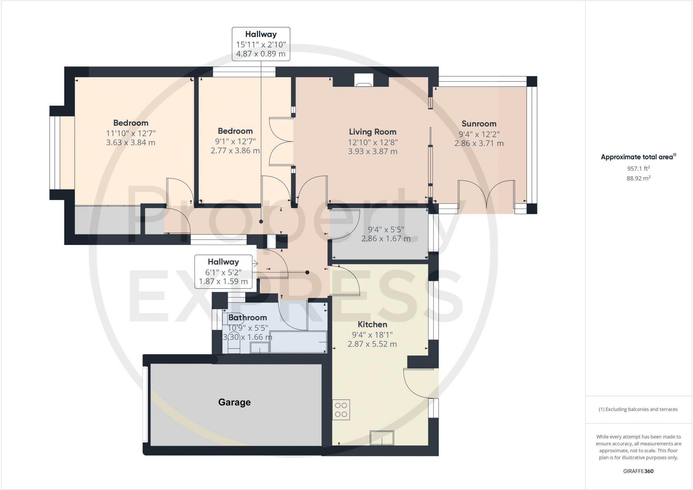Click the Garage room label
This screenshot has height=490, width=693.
pyautogui.click(x=234, y=402)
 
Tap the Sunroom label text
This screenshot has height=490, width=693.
pyautogui.click(x=479, y=124)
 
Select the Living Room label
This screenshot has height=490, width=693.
pyautogui.click(x=373, y=131)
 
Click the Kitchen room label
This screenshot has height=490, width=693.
pyautogui.click(x=372, y=324)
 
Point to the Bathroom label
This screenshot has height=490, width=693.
pyautogui.click(x=247, y=318)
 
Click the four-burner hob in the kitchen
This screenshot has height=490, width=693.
pyautogui.click(x=341, y=410)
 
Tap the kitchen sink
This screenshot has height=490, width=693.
pyautogui.click(x=382, y=437)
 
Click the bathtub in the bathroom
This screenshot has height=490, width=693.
pyautogui.click(x=298, y=342)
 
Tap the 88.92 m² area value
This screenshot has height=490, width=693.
pyautogui.click(x=639, y=178)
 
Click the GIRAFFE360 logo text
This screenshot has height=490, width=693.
pyautogui.click(x=639, y=471)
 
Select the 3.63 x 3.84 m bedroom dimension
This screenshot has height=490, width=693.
pyautogui.click(x=131, y=142)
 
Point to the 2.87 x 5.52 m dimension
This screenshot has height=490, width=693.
pyautogui.click(x=372, y=344)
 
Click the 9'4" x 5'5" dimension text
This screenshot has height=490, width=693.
pyautogui.click(x=386, y=229)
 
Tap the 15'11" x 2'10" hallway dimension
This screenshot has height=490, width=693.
pyautogui.click(x=261, y=44)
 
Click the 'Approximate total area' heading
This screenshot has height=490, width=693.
pyautogui.click(x=637, y=157)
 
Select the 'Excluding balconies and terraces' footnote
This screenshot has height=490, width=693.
pyautogui.click(x=638, y=409)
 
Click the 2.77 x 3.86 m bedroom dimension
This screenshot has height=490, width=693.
pyautogui.click(x=235, y=150)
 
